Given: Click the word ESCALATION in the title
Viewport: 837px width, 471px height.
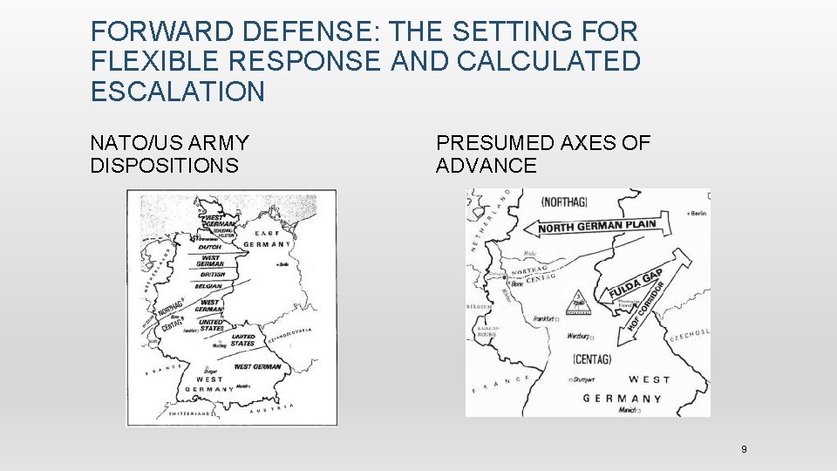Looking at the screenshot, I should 177,92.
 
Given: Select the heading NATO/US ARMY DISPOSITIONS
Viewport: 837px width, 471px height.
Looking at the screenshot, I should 169,154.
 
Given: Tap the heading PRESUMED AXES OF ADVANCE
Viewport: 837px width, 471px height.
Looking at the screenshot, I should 542,154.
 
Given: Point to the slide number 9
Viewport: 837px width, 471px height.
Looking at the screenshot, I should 744,449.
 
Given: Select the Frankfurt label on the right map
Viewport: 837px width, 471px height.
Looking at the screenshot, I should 546,320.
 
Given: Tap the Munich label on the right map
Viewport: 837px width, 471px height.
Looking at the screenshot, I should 627,410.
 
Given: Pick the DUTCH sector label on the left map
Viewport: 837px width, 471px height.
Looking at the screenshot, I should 210,247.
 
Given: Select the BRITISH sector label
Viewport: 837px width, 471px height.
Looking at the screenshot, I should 212,275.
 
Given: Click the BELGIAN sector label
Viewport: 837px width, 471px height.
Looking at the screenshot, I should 209,286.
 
